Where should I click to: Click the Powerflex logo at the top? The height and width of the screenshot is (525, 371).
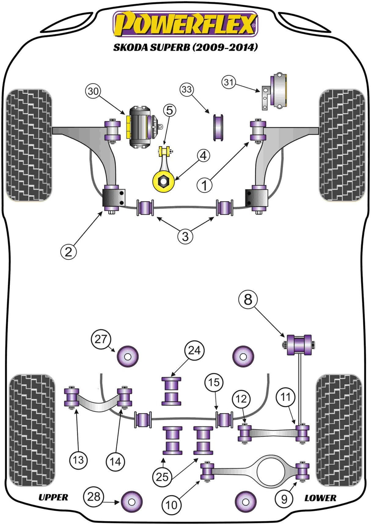(185, 24)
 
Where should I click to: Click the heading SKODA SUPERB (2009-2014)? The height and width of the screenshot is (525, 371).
(185, 47)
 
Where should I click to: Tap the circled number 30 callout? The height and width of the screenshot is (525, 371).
(93, 91)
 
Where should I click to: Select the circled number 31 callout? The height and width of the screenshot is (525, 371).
(229, 82)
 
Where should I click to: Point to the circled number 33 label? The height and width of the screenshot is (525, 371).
(187, 90)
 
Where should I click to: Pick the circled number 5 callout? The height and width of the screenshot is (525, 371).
(170, 110)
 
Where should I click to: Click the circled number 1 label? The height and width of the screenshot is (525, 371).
(204, 185)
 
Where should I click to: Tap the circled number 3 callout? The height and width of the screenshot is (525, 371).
(185, 236)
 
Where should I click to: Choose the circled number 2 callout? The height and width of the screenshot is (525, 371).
(68, 252)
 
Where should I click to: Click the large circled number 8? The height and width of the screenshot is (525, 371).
(248, 299)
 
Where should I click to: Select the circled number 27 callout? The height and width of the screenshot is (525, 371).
(100, 339)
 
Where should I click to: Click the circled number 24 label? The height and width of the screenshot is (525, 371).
(194, 350)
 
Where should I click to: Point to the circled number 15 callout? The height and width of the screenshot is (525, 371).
(214, 383)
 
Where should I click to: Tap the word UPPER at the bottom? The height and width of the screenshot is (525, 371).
(53, 497)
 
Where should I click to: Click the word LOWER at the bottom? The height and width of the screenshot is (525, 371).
(320, 498)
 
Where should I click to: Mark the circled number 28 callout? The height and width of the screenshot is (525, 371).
(94, 497)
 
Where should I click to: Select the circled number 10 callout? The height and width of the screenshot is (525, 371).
(171, 505)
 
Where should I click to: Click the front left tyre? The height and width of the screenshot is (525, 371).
(29, 145)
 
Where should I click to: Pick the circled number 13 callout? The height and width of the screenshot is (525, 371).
(78, 460)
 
